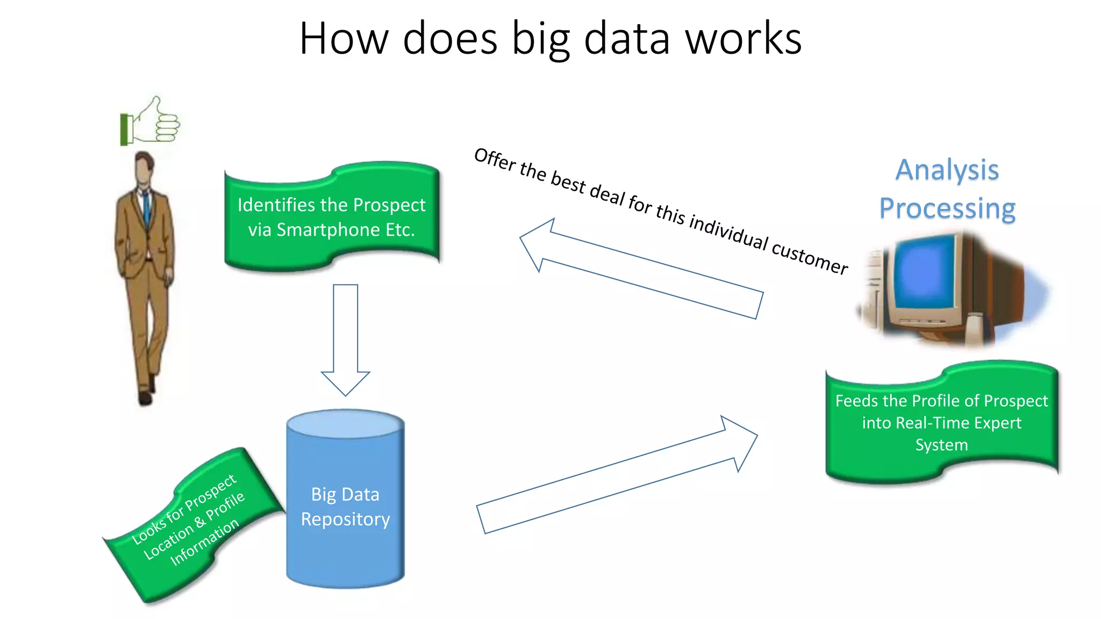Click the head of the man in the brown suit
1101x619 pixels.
[145, 168]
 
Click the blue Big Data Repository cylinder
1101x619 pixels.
[345, 553]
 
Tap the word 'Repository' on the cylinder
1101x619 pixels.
[345, 519]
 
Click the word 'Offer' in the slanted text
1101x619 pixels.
[495, 160]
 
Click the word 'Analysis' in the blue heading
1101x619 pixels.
[947, 170]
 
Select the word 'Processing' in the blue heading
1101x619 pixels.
[947, 208]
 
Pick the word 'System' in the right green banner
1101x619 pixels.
[941, 445]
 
